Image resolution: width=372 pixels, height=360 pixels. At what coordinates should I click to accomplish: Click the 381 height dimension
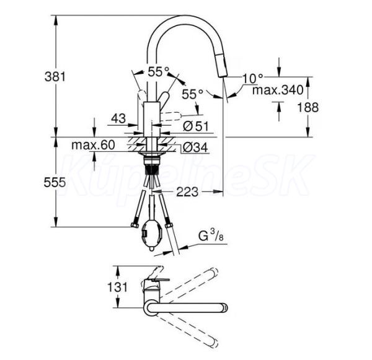pos(55,77)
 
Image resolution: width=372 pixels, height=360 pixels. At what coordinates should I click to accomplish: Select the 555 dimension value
pos(55,182)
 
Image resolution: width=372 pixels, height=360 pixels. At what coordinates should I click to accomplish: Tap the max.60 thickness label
pos(93,145)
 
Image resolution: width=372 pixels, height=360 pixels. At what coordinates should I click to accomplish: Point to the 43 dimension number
pos(118,118)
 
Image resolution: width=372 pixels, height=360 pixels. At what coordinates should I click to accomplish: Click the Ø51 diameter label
pos(195,126)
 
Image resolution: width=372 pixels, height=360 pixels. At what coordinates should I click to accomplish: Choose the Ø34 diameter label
pos(195,147)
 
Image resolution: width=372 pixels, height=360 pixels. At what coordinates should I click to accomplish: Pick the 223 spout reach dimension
pos(187,191)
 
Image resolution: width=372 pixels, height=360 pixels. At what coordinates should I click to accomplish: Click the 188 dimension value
pos(308,107)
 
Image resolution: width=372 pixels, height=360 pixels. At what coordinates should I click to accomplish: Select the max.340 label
pos(278,90)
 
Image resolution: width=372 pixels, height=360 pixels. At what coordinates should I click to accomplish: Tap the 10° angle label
pos(253,79)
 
